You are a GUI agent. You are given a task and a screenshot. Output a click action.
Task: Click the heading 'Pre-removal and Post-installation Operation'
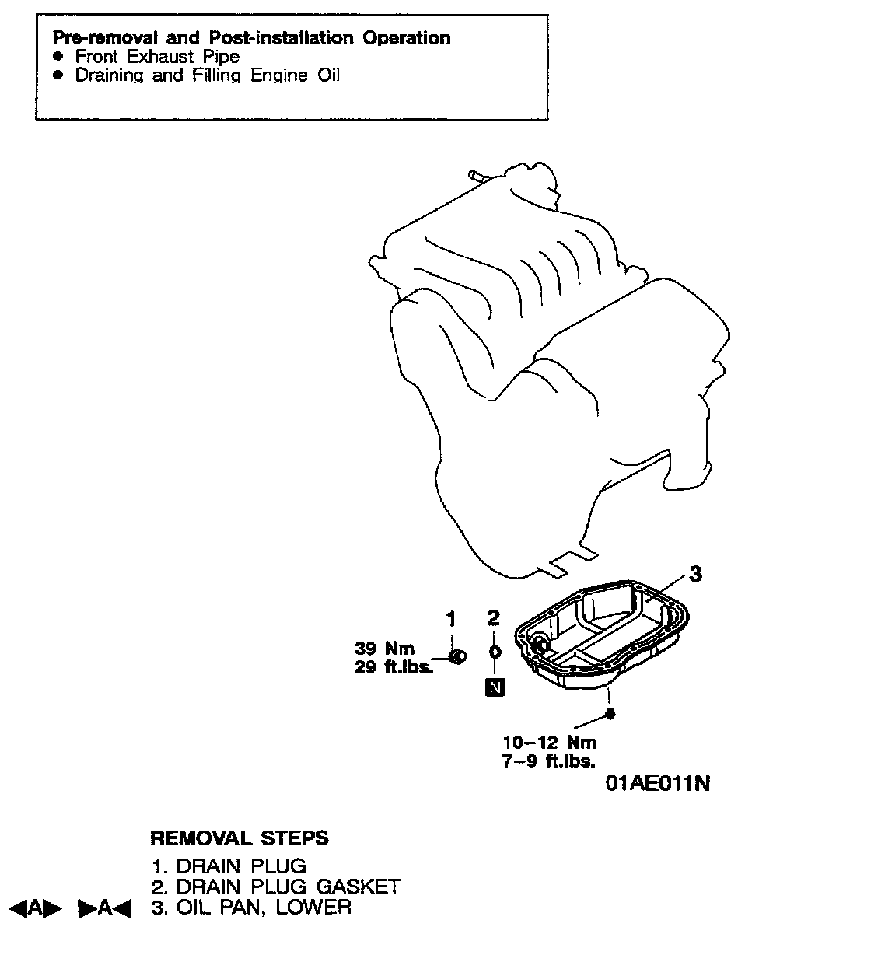[251, 38]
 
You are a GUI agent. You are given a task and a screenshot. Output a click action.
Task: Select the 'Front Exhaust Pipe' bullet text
[157, 57]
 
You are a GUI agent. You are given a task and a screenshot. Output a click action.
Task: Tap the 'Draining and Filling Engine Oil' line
[207, 75]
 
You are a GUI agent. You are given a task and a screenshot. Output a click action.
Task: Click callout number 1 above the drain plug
[450, 619]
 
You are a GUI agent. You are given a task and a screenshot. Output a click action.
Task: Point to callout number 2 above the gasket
[493, 618]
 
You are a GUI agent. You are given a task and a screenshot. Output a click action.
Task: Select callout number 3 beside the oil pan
[696, 575]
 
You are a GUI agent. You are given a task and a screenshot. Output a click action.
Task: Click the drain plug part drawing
[459, 658]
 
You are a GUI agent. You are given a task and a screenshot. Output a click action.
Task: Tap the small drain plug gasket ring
[495, 652]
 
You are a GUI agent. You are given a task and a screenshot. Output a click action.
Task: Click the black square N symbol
[494, 687]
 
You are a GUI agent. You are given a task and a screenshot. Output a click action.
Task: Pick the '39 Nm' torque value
[385, 649]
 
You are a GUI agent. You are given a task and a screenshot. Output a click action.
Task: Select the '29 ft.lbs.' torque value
[394, 667]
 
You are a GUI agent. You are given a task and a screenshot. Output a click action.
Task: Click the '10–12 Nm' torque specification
[549, 742]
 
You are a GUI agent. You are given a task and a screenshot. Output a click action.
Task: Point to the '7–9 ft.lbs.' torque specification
[549, 761]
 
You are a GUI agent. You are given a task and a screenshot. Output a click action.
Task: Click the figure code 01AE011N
[658, 783]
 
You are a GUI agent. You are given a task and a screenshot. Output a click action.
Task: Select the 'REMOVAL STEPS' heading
[239, 838]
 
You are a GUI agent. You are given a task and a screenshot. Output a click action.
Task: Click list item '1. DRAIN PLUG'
[229, 866]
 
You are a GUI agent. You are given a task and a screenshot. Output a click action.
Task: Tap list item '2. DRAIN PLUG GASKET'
[275, 887]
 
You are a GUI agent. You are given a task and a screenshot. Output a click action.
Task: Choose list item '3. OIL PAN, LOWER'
[251, 907]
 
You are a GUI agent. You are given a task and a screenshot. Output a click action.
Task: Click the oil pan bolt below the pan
[610, 714]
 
